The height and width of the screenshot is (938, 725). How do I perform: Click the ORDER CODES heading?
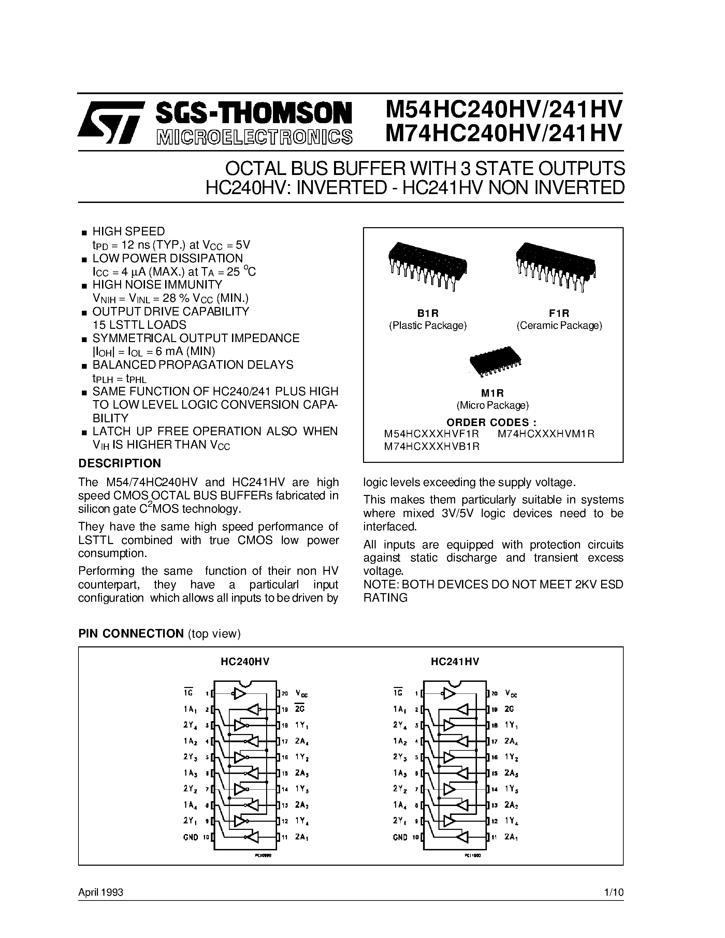tap(491, 422)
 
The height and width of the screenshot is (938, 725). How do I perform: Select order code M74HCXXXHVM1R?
tap(546, 434)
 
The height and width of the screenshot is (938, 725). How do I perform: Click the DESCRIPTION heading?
tap(119, 464)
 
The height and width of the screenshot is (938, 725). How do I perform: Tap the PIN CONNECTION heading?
tap(131, 633)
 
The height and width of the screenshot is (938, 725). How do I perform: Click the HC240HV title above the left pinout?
tap(245, 662)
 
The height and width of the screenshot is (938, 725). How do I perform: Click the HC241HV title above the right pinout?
tap(455, 662)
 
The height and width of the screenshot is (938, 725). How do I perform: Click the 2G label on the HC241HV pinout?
tap(509, 709)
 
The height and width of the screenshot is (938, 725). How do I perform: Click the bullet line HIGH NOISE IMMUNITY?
tap(157, 285)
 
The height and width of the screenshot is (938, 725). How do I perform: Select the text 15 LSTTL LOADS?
tap(139, 325)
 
